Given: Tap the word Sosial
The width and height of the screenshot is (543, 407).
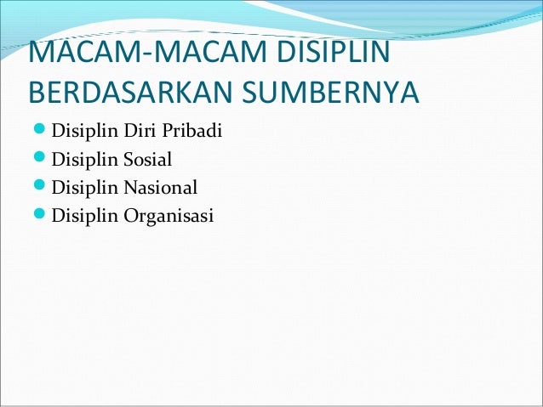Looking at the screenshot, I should pos(147,159).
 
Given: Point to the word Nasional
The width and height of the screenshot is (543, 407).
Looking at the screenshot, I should pos(160,187).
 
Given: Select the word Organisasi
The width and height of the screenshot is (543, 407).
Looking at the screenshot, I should pos(169,215).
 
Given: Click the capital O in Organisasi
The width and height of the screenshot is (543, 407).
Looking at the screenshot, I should pos(129,214).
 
